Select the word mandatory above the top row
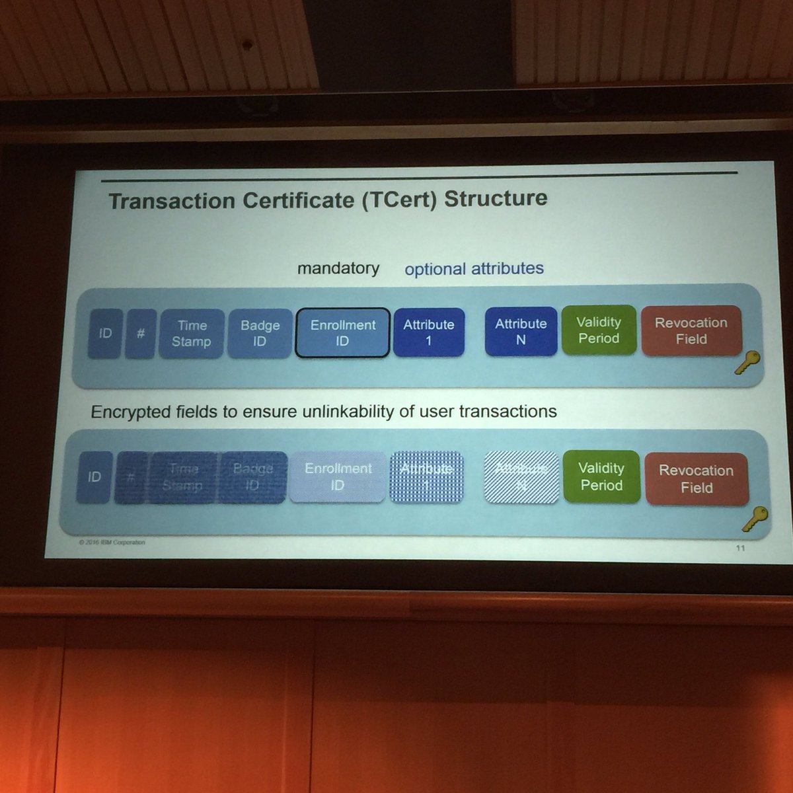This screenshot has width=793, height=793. pyautogui.click(x=338, y=268)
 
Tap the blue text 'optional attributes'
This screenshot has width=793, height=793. pyautogui.click(x=474, y=269)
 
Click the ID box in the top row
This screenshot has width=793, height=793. pyautogui.click(x=105, y=334)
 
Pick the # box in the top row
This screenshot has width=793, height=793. pyautogui.click(x=141, y=334)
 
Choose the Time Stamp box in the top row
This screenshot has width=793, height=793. pyautogui.click(x=192, y=334)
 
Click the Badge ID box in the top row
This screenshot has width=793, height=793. pyautogui.click(x=260, y=334)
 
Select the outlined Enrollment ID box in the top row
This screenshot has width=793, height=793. pyautogui.click(x=342, y=333)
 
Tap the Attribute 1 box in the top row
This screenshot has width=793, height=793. pyautogui.click(x=429, y=332)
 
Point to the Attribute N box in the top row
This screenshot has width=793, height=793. pyautogui.click(x=521, y=332)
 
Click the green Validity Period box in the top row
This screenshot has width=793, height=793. pyautogui.click(x=599, y=330)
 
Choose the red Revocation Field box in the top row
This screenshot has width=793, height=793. pyautogui.click(x=691, y=330)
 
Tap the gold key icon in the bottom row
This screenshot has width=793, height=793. pyautogui.click(x=755, y=518)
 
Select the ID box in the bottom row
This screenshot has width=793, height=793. pyautogui.click(x=94, y=476)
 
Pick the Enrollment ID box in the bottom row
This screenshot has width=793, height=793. pyautogui.click(x=338, y=476)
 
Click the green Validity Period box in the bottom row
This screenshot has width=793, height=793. pyautogui.click(x=601, y=477)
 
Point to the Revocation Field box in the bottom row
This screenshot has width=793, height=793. pyautogui.click(x=697, y=479)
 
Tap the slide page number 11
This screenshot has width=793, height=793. pyautogui.click(x=740, y=548)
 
